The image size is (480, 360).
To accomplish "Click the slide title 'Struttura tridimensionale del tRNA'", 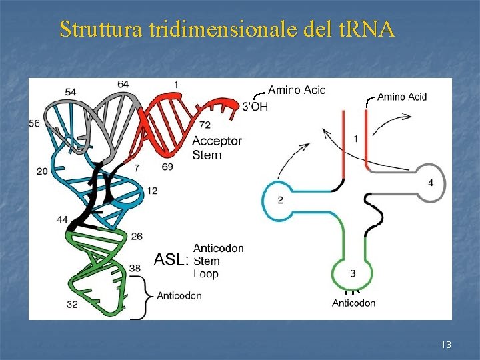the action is [227, 29].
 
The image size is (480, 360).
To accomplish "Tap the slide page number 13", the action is [446, 345].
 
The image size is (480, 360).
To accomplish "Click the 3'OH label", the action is [254, 105].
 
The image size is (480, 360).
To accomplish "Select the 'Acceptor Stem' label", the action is [217, 148].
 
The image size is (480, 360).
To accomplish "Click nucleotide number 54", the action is [71, 91].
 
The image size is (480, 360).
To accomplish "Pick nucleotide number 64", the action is [123, 84].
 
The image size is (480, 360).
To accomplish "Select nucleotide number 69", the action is [167, 167].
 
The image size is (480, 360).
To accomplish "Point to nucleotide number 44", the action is [62, 219].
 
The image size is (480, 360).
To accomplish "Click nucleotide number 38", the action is [135, 268].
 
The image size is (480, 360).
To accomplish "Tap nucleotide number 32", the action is [72, 305].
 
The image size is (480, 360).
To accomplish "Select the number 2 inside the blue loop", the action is [281, 200].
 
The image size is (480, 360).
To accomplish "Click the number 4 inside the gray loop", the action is [430, 182].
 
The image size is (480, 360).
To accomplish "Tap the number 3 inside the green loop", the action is [353, 273].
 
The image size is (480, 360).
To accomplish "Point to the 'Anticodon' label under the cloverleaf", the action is [353, 303].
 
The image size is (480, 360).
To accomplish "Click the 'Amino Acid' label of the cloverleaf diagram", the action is [402, 97].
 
